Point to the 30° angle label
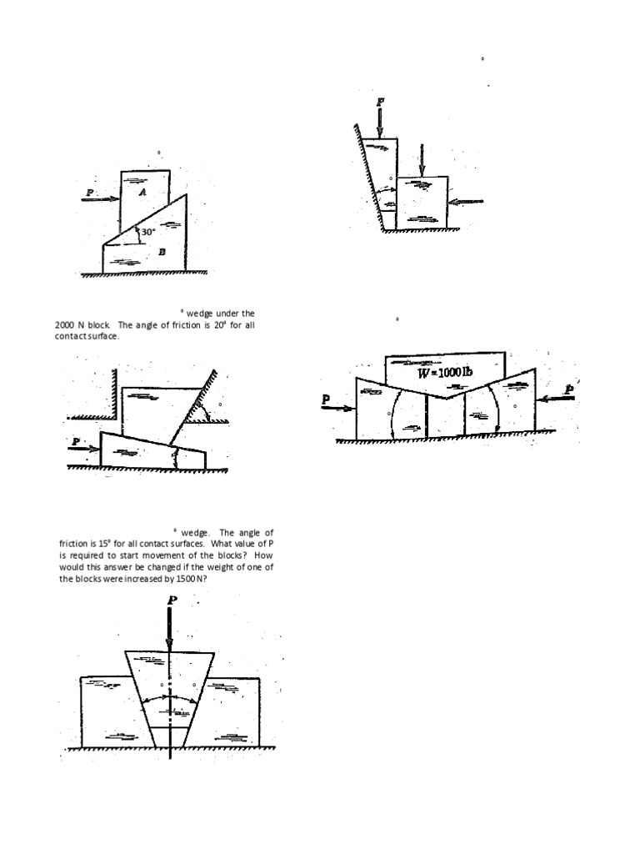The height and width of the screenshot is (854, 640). click(147, 232)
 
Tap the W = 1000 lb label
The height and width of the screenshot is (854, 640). click(445, 372)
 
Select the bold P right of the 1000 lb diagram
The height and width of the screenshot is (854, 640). click(569, 389)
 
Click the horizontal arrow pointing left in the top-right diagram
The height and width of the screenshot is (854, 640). click(467, 200)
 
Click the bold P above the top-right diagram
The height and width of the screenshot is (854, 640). click(380, 102)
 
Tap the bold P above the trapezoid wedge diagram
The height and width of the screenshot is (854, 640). click(172, 600)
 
